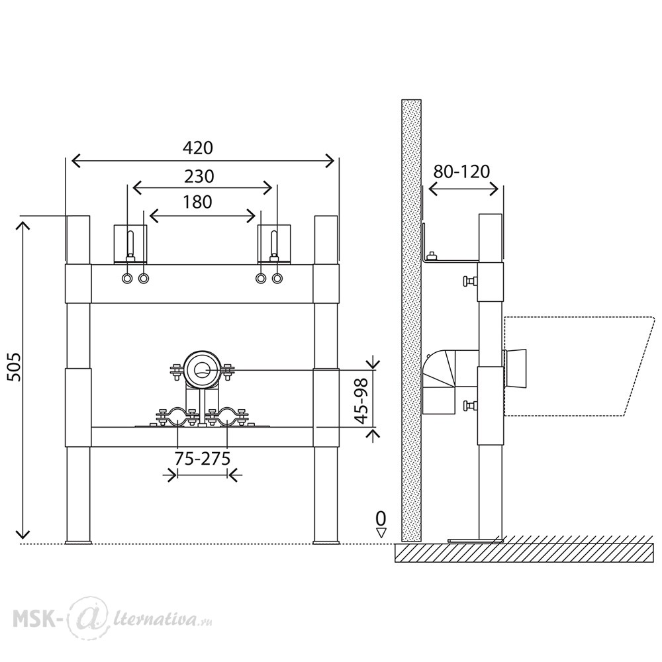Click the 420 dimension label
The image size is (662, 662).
coord(197,148)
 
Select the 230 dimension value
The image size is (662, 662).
coord(199,177)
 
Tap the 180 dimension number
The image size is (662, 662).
coord(197,202)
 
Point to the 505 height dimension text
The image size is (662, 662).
coord(15,367)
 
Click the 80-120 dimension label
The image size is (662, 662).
coord(461,172)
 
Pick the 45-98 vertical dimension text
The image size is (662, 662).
coord(362,401)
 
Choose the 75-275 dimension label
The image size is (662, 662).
coord(203,459)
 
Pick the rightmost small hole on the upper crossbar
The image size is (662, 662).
coord(277,279)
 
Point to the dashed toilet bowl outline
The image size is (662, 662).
coord(579,366)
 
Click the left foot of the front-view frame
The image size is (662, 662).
coord(78,542)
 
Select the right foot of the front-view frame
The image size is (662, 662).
coord(326,542)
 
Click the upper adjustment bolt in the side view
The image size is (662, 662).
coord(469,281)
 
